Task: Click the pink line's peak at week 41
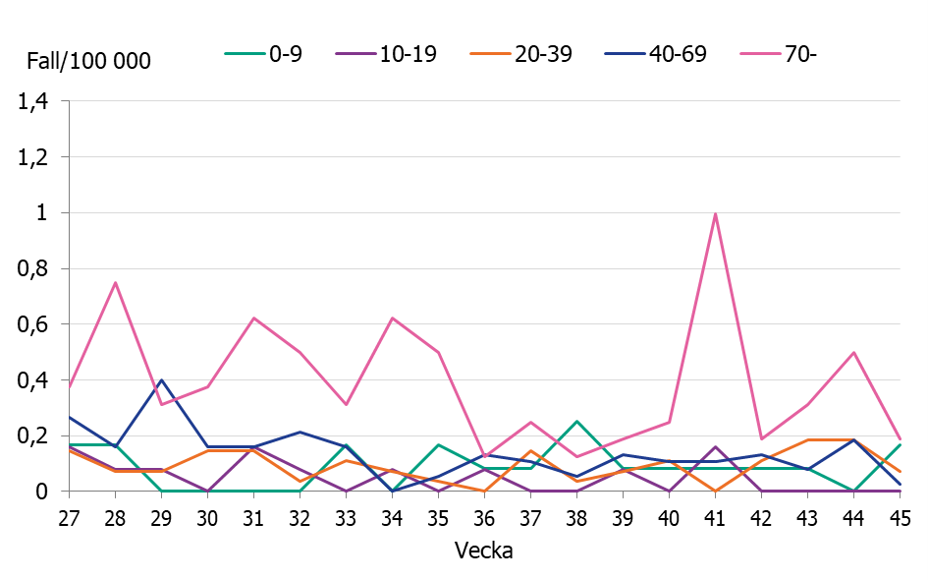715,213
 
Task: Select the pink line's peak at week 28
115,283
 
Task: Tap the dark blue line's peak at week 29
161,379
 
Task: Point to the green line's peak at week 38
576,421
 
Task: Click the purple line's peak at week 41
715,446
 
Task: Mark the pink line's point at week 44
853,352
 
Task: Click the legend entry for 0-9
262,54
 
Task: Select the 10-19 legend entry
385,54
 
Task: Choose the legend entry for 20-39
519,54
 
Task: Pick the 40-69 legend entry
654,54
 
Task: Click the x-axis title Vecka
483,551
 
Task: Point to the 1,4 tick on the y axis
34,101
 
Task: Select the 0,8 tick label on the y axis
34,268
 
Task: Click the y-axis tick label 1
41,212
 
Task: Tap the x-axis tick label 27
69,516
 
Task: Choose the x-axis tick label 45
900,516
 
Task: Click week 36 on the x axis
484,516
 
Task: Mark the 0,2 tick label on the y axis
34,435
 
